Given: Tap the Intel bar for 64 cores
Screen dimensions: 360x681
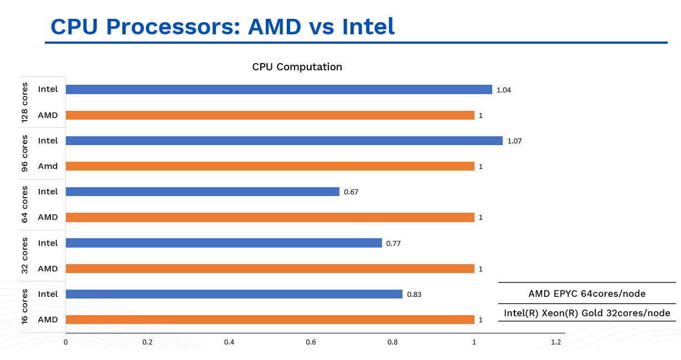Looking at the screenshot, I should (x=202, y=192).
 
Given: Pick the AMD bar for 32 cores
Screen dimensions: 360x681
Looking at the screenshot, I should (x=270, y=269).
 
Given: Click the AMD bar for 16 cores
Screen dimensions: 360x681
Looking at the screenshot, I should (x=270, y=320).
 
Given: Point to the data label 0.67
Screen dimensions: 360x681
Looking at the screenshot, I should (x=352, y=192).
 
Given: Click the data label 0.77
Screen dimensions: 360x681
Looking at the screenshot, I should (x=393, y=243).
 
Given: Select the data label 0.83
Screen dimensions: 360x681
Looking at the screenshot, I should (x=414, y=295).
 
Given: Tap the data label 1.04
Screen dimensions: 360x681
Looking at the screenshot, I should (x=504, y=90).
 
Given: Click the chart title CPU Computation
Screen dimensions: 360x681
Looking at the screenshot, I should (x=297, y=67).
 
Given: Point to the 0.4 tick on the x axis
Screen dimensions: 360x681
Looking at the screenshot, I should (x=229, y=342).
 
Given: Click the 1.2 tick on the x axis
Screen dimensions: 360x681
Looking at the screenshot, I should (x=556, y=342).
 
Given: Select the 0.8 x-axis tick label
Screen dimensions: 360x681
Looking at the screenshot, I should (x=393, y=342).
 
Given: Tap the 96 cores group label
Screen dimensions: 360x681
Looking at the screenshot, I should (x=25, y=153).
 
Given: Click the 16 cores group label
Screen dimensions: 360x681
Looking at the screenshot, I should (x=25, y=306).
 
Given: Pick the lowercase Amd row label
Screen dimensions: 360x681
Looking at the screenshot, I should (x=48, y=166).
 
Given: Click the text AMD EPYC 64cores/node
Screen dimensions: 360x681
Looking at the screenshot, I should (x=587, y=294).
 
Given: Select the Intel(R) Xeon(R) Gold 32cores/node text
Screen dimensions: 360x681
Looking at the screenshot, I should (x=587, y=313).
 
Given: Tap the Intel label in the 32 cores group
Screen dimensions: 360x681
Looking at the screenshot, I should (x=48, y=243).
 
